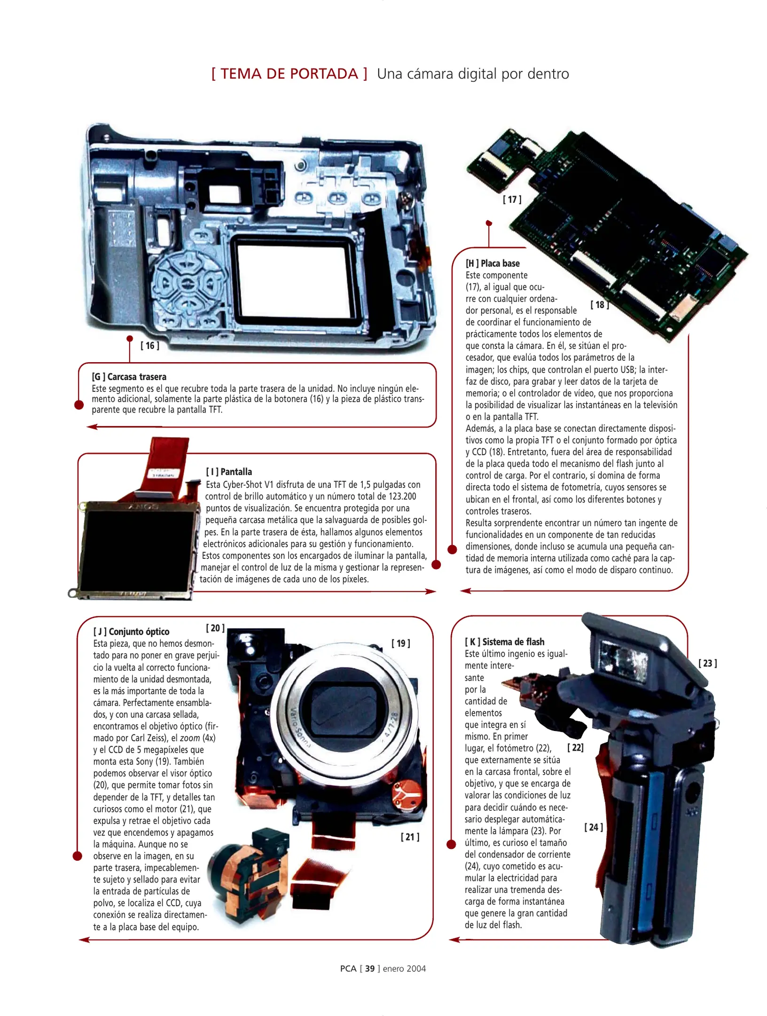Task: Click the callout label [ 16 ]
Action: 150,346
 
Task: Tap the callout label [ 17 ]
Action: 512,199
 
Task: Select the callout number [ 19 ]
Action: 400,643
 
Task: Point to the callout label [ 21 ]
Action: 410,837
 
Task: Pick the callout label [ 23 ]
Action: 707,663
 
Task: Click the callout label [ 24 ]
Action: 594,827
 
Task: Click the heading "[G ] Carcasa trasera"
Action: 129,377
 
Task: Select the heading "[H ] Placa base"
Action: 493,263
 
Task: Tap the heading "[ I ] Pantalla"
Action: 229,472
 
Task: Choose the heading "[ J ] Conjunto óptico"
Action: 131,632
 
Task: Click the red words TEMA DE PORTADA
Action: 289,74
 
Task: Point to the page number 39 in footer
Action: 370,968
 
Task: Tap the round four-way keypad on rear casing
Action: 187,283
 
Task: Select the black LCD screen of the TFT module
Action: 136,550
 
